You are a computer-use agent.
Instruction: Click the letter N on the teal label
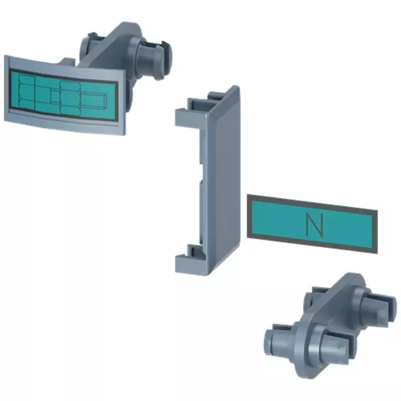[314, 225]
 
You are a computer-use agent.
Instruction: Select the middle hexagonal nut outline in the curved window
[70, 97]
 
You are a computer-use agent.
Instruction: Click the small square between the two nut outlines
[54, 97]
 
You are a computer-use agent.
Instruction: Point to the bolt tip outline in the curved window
[93, 100]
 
